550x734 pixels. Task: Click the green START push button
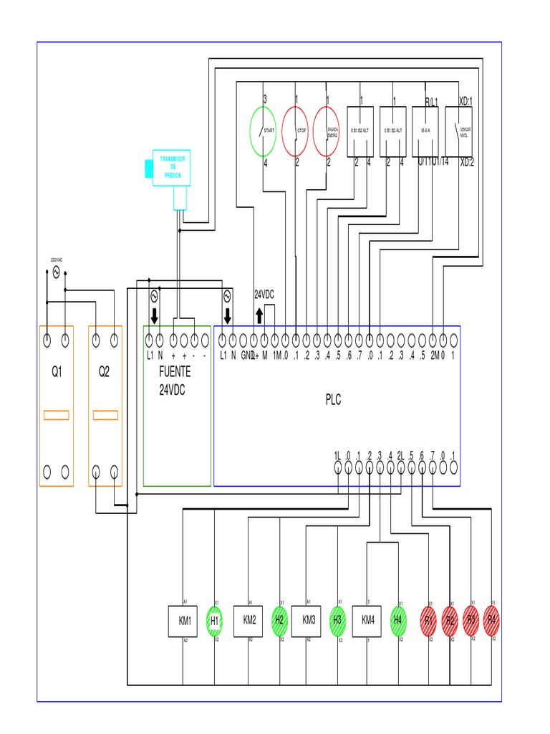coord(263,131)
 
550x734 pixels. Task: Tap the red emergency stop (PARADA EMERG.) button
coord(326,131)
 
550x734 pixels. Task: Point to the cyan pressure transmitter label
coord(172,166)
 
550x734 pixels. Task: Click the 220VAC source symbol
coord(57,272)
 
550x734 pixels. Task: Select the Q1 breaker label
coord(56,372)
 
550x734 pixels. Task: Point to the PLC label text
coord(333,400)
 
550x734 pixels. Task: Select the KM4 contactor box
coord(367,620)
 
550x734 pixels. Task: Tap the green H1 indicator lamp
coord(214,620)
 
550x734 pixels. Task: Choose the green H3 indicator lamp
coord(337,620)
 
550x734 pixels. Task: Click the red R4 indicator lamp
coord(491,619)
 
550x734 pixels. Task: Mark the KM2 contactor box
coord(249,620)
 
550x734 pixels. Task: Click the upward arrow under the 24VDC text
coord(259,316)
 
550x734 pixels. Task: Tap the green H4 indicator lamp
coord(398,620)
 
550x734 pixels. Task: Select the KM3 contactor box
coord(309,620)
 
